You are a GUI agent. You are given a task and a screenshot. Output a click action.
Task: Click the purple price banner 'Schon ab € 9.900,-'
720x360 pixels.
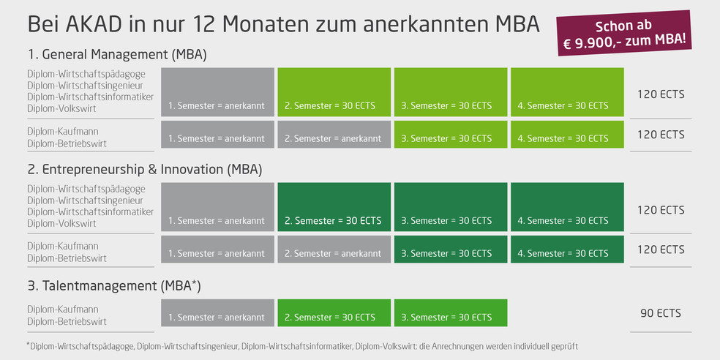(624, 33)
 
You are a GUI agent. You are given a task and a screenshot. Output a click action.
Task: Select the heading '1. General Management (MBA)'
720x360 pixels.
(117, 55)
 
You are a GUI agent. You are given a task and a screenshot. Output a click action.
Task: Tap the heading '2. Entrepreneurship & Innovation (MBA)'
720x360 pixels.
(145, 170)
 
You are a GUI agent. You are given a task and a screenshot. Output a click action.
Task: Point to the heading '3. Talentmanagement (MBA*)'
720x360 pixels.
(114, 286)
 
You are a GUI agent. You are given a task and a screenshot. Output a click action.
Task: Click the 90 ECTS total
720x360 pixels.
(661, 313)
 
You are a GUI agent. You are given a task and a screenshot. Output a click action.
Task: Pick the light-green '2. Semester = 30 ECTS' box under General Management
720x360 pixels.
(334, 92)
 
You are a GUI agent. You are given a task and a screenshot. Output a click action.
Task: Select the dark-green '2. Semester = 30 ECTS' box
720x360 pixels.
(334, 207)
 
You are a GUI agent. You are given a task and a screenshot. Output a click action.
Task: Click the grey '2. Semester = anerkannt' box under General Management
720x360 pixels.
(334, 135)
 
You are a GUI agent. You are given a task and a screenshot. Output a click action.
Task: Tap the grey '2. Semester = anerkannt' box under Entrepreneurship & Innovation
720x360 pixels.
(334, 250)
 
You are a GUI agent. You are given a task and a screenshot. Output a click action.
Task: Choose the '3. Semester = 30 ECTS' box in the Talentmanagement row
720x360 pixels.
(451, 313)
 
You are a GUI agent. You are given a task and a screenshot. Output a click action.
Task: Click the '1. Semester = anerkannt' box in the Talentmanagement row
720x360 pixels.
(217, 313)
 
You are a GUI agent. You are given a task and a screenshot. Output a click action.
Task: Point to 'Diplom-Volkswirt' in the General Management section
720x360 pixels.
(61, 109)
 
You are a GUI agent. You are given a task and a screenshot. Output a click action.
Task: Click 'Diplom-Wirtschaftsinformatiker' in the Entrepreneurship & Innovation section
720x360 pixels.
(91, 212)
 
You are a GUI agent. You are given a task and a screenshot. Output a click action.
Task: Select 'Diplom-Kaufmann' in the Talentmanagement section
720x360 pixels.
(63, 310)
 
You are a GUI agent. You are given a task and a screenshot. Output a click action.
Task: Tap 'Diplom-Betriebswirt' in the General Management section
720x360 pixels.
(67, 143)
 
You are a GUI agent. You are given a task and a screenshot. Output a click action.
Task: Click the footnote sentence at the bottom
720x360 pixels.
(303, 345)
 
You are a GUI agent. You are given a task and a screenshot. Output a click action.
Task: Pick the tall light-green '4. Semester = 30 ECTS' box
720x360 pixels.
(568, 92)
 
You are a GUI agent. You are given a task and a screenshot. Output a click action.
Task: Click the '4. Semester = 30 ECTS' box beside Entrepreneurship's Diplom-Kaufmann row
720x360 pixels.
(568, 250)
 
